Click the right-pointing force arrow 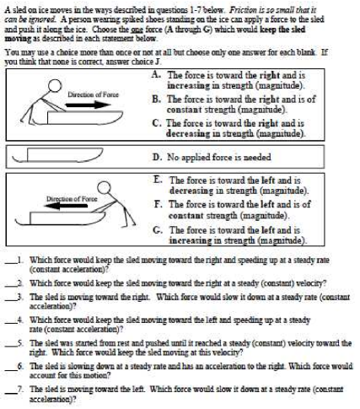point(88,105)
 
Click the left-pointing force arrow point(66,206)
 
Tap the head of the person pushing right point(54,85)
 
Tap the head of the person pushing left point(104,188)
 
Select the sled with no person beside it point(57,155)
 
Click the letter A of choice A point(155,74)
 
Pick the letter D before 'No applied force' point(157,157)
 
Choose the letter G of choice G point(158,230)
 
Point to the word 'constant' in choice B point(185,110)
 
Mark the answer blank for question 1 point(11,263)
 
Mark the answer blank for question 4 point(11,323)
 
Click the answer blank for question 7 point(11,392)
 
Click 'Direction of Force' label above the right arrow point(93,94)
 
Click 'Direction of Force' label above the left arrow point(72,199)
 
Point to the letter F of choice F point(158,204)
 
